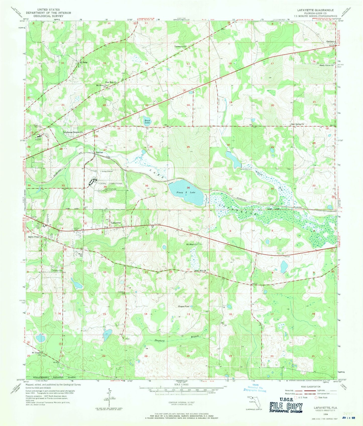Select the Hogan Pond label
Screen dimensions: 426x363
183,307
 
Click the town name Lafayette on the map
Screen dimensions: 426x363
116,223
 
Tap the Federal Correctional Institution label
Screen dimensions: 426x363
110,185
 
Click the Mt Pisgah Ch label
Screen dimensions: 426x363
36,353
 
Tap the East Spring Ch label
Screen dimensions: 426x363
297,124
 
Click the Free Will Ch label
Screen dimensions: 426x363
201,271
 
